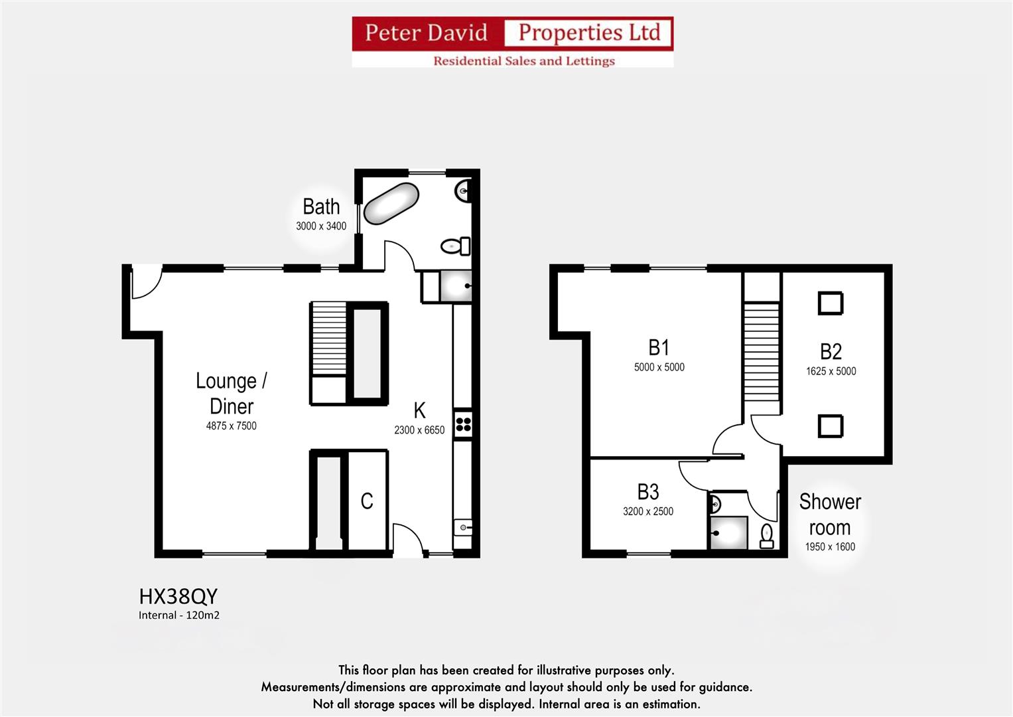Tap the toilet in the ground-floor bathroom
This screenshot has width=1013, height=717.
pyautogui.click(x=455, y=246)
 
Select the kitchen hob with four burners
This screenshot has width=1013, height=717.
pyautogui.click(x=463, y=424)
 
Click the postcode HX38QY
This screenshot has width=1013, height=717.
pyautogui.click(x=178, y=596)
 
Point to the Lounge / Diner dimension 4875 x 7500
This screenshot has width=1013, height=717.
pyautogui.click(x=231, y=426)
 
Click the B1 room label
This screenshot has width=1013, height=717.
pyautogui.click(x=659, y=347)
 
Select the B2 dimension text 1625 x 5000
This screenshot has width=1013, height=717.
pyautogui.click(x=831, y=372)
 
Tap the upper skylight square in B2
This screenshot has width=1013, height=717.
pyautogui.click(x=830, y=303)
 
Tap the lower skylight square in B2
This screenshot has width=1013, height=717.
pyautogui.click(x=830, y=426)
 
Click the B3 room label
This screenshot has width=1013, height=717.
pyautogui.click(x=648, y=492)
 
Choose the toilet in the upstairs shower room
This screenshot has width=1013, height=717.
pyautogui.click(x=767, y=536)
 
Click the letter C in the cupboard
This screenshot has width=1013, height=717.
pyautogui.click(x=367, y=501)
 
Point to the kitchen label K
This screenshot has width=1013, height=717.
pyautogui.click(x=419, y=410)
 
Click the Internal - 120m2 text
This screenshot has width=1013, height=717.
pyautogui.click(x=179, y=615)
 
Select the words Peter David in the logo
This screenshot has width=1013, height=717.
pyautogui.click(x=426, y=33)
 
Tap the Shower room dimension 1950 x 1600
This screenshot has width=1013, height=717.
pyautogui.click(x=830, y=547)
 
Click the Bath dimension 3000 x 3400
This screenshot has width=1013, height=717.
pyautogui.click(x=321, y=226)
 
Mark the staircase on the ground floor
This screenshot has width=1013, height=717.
pyautogui.click(x=329, y=339)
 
